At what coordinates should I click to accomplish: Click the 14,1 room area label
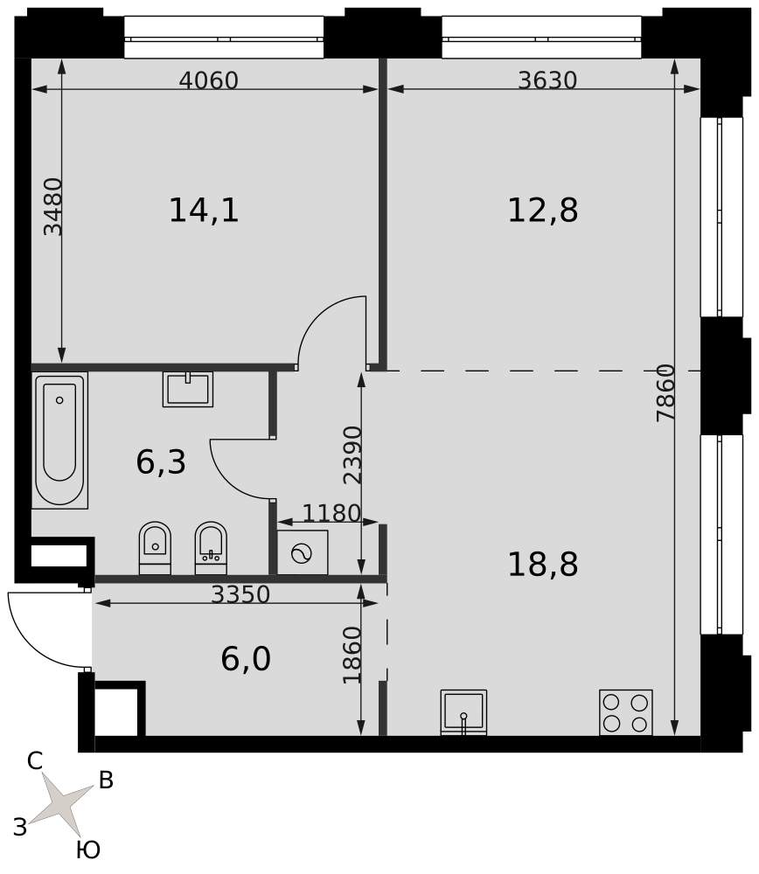204,211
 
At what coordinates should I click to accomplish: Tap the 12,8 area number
543,211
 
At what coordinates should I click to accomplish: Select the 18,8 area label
543,564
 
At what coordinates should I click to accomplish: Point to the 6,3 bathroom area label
161,462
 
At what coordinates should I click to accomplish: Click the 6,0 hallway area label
246,659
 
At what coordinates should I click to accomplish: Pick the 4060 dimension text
209,80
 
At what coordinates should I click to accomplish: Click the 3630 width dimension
547,80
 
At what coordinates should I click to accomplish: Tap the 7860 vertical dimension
665,392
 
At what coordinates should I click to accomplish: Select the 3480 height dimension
53,207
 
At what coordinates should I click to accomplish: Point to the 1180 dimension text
331,513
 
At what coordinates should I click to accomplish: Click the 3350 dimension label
240,594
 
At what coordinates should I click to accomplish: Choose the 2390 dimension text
353,454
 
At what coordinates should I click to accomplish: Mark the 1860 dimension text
352,655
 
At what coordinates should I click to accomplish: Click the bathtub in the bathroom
59,440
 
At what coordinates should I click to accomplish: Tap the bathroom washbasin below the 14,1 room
188,389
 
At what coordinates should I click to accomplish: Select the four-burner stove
626,712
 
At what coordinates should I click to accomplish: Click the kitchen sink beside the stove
463,712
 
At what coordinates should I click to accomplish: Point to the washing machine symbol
303,552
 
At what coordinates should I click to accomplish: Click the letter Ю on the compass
88,850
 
